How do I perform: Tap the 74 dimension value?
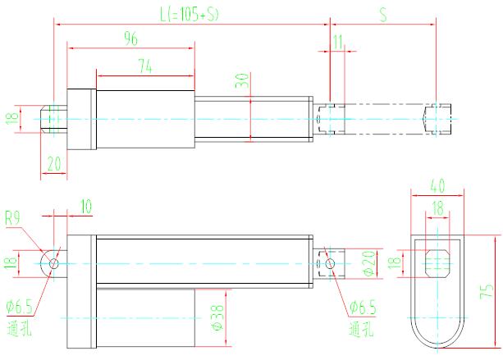coord(145,70)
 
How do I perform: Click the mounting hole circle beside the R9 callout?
coord(54,262)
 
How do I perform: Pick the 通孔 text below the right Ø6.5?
coord(362,330)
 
